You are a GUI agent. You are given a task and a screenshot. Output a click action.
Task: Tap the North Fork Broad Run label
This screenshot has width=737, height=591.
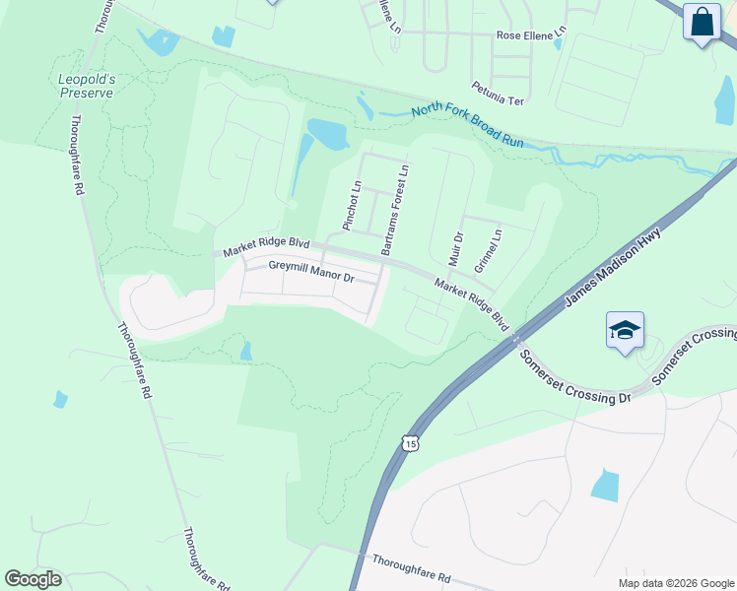(x=467, y=125)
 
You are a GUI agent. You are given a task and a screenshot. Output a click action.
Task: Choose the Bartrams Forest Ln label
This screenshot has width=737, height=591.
(x=394, y=210)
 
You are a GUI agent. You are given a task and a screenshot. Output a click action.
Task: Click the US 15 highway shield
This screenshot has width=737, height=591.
(x=409, y=443)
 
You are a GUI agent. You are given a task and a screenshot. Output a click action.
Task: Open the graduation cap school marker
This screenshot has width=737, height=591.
(x=625, y=331)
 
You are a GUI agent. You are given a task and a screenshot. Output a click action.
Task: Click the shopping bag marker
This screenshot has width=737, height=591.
(x=703, y=23)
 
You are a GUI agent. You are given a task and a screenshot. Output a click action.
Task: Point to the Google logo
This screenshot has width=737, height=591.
(x=33, y=579)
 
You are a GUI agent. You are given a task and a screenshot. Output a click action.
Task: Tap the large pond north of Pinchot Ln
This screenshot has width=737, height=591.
(x=328, y=133)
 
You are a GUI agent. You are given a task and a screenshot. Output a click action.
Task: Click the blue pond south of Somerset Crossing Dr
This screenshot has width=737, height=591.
(x=604, y=485)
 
